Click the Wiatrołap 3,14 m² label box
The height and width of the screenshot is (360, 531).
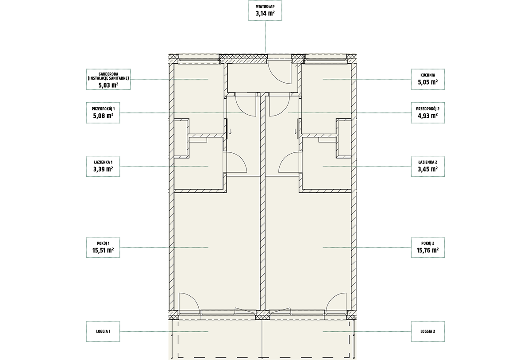tap(265, 11)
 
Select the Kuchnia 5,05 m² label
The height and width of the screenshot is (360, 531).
tap(427, 79)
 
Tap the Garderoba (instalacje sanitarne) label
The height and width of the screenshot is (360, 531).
tap(108, 79)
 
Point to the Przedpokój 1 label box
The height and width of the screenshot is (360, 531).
tap(103, 113)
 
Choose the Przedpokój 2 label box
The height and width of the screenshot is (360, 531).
tap(427, 113)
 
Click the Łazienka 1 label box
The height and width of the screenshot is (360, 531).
tap(103, 166)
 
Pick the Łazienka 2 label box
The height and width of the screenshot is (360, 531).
tap(427, 166)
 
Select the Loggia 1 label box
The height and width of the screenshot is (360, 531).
tap(103, 332)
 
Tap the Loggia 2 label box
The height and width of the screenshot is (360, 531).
tap(427, 332)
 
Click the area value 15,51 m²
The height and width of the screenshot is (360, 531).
tap(103, 250)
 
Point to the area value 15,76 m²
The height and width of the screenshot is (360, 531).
tap(427, 250)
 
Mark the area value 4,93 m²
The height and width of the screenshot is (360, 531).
tap(427, 116)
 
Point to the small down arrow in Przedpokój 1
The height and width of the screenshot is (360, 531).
tap(230, 132)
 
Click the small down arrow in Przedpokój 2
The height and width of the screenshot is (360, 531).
tap(296, 132)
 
